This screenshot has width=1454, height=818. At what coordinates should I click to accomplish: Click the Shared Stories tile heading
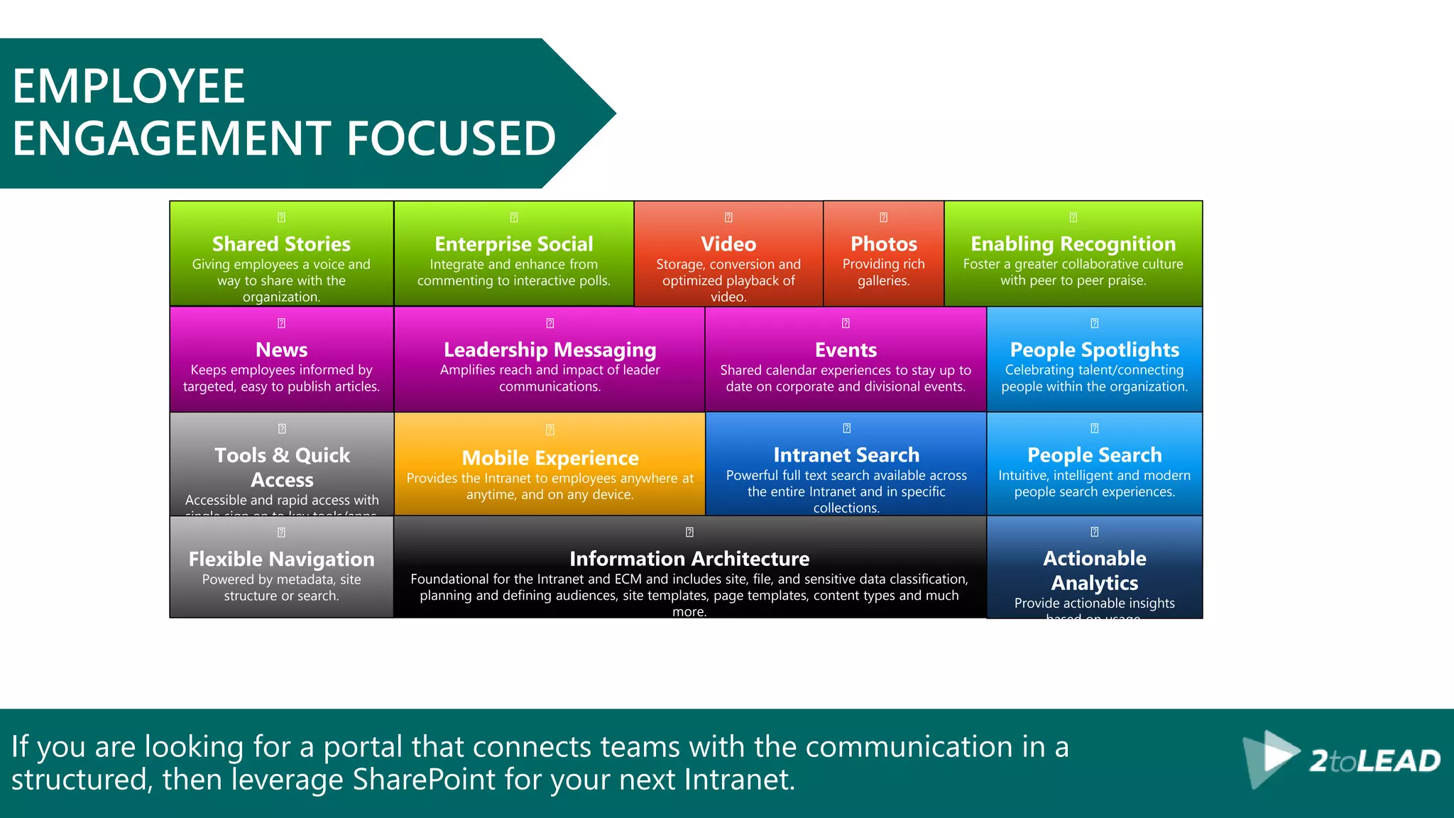click(x=281, y=244)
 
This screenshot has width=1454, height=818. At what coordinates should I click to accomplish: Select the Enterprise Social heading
click(x=513, y=244)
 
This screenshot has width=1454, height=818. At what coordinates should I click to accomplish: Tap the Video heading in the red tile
click(x=728, y=244)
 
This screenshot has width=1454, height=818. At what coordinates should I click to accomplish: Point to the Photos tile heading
click(x=884, y=244)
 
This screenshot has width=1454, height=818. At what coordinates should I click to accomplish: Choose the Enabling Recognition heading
click(x=1073, y=244)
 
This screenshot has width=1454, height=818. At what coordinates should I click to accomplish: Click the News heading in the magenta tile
click(x=281, y=349)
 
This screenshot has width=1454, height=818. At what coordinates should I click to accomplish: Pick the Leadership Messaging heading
click(x=550, y=349)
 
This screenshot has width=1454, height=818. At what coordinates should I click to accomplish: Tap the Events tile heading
click(x=846, y=349)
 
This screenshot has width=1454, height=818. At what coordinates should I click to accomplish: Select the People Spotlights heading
click(x=1094, y=349)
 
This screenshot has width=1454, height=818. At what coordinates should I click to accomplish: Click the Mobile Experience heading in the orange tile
click(x=550, y=458)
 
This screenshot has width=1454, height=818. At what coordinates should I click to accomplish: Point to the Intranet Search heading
click(x=846, y=454)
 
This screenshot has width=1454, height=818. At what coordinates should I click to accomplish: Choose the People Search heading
click(x=1094, y=454)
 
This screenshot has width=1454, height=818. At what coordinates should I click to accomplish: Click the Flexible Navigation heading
click(x=281, y=559)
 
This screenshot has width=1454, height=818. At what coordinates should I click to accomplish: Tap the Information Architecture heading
click(x=689, y=558)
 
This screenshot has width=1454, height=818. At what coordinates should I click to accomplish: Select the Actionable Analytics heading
click(x=1094, y=570)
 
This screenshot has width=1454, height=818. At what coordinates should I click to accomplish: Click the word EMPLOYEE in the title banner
click(x=129, y=87)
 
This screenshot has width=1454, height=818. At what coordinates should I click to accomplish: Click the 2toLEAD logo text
click(x=1374, y=761)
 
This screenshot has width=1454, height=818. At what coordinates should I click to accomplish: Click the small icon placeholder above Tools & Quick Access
click(x=282, y=429)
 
